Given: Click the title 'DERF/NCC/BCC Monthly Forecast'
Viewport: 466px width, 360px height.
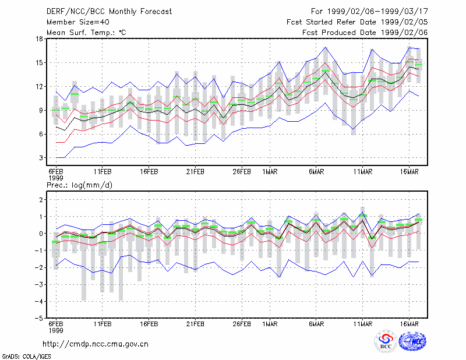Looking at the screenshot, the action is click(x=109, y=12).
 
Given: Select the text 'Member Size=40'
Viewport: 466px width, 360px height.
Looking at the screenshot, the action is click(x=78, y=22).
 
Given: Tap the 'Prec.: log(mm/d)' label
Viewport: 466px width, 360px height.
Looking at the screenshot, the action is click(x=79, y=185).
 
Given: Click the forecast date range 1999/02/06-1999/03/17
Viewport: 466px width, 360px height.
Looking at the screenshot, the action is click(x=377, y=12).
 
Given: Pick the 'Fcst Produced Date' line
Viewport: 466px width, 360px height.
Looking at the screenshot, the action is click(x=365, y=33).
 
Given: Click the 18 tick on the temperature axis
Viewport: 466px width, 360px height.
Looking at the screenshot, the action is click(x=39, y=38).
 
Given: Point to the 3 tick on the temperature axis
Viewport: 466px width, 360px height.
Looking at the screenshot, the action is click(x=41, y=157).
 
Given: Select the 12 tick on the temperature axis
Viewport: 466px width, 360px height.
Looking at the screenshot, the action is click(x=39, y=87).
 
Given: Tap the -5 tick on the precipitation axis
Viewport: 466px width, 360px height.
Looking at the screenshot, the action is click(x=38, y=318).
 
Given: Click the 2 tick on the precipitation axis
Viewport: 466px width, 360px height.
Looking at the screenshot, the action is click(x=41, y=199).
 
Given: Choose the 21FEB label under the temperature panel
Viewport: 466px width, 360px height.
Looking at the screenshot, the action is click(x=195, y=172).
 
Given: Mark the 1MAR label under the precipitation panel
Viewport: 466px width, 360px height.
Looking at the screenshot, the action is click(x=270, y=324).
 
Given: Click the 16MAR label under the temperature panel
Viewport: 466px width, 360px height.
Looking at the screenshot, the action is click(x=409, y=172).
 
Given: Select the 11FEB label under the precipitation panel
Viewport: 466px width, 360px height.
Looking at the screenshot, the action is click(x=103, y=324).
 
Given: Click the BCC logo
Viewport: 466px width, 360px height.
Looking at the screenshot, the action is click(x=386, y=341).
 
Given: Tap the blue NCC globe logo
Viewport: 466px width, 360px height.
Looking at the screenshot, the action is click(x=412, y=341).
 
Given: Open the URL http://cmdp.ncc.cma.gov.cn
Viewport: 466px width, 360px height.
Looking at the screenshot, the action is click(x=96, y=344).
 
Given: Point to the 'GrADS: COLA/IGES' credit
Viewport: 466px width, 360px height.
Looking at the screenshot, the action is click(x=26, y=357).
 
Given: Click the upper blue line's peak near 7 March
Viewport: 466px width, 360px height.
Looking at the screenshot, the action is click(x=326, y=47).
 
